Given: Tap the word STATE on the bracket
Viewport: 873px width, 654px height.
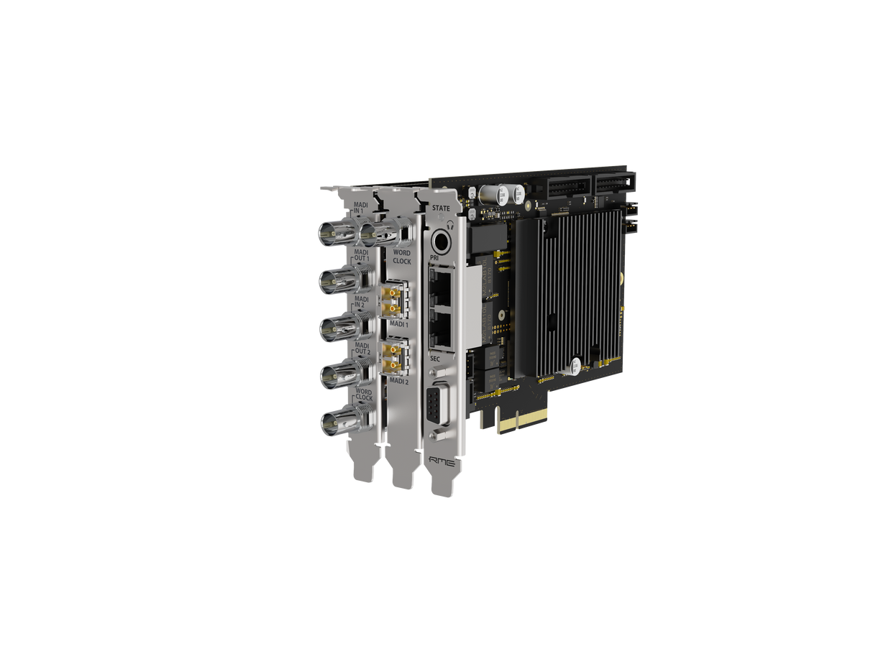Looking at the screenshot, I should [440, 208].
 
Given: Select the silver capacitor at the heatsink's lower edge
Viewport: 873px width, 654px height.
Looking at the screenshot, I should [576, 367].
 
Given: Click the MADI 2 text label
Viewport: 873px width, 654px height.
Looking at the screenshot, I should [398, 382].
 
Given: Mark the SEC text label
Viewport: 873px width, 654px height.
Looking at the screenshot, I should [435, 357].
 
